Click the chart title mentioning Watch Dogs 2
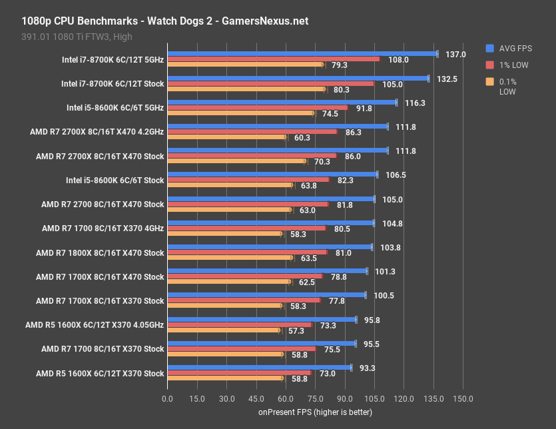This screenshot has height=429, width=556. pyautogui.click(x=160, y=21)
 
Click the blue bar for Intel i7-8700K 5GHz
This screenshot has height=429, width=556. pyautogui.click(x=302, y=53)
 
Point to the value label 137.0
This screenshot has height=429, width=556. pyautogui.click(x=455, y=54)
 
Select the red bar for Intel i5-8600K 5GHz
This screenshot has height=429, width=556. pyautogui.click(x=257, y=107)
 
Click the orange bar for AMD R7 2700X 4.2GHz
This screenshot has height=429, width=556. pyautogui.click(x=226, y=137)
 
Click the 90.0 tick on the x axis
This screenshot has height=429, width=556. pyautogui.click(x=344, y=398)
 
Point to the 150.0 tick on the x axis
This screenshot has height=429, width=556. pyautogui.click(x=463, y=398)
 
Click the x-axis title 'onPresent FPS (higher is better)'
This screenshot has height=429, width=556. pyautogui.click(x=315, y=412)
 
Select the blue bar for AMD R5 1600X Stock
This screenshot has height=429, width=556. pyautogui.click(x=259, y=367)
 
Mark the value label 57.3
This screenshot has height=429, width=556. pyautogui.click(x=296, y=330)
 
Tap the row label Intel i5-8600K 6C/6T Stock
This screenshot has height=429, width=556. pyautogui.click(x=115, y=181)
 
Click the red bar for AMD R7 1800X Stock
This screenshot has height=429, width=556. pyautogui.click(x=247, y=252)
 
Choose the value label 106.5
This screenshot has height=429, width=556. pyautogui.click(x=396, y=175)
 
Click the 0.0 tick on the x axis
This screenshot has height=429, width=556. pyautogui.click(x=167, y=398)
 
